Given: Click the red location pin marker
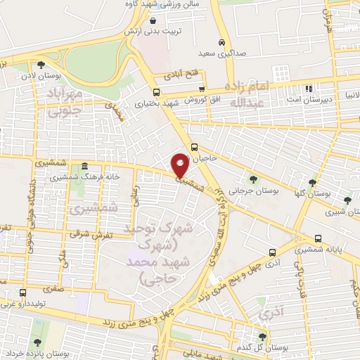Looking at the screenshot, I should (181, 165).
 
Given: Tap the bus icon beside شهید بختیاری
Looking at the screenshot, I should (155, 92).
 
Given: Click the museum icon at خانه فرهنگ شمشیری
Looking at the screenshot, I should (84, 166).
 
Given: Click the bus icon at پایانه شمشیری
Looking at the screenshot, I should (319, 238).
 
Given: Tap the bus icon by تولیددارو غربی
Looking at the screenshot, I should (23, 292).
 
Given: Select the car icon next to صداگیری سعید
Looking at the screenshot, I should (222, 41).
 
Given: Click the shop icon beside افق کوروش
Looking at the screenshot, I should (202, 89).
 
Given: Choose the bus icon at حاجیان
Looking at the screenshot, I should (194, 148).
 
